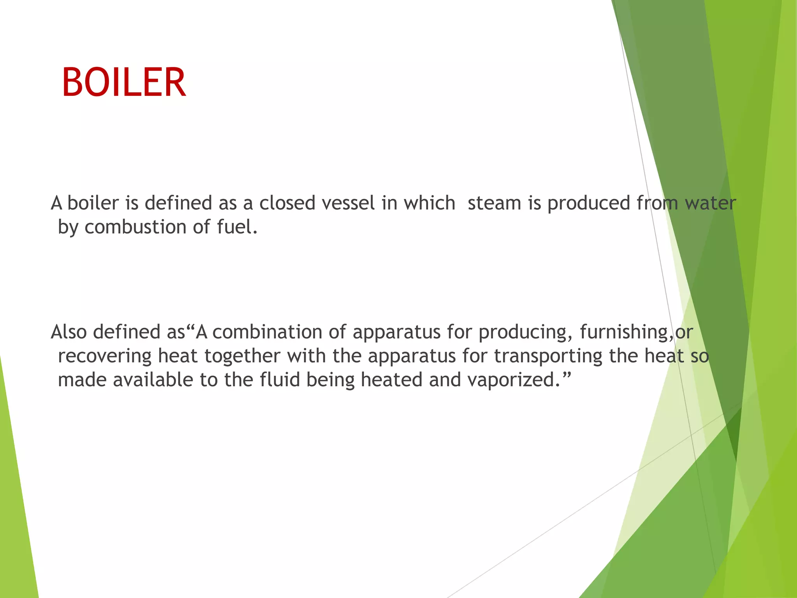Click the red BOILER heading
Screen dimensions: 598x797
point(124,82)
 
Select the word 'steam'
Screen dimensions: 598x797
point(494,203)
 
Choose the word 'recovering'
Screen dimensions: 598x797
point(105,356)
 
